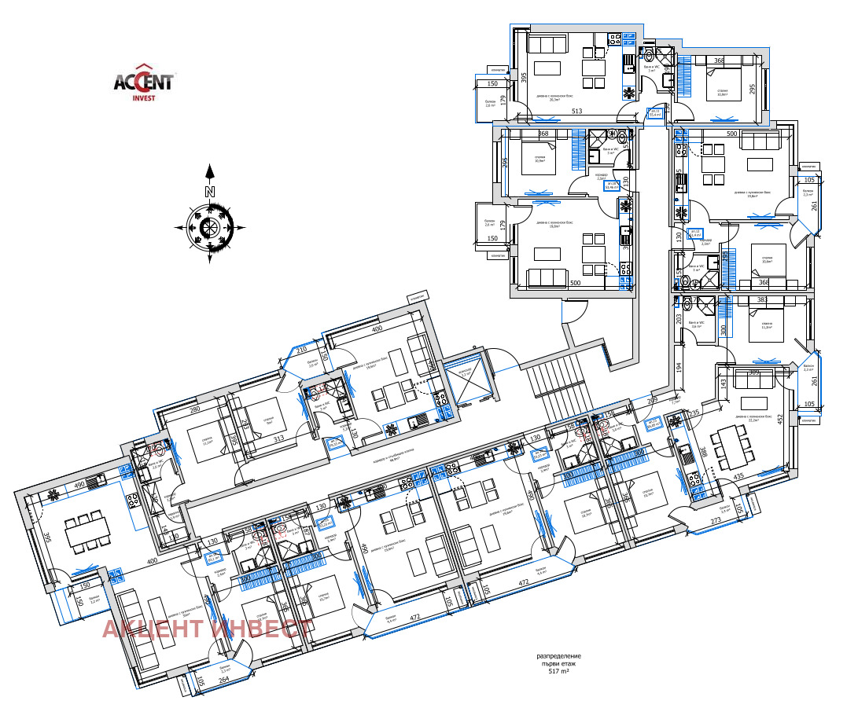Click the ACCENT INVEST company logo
(x=145, y=82)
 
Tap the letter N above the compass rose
(x=209, y=191)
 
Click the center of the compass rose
(x=210, y=228)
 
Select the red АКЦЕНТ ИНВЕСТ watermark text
(x=206, y=629)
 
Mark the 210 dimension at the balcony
(x=300, y=350)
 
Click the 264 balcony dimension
(x=223, y=680)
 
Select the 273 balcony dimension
(x=716, y=521)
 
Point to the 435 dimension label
(x=739, y=476)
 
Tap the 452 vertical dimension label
(x=779, y=421)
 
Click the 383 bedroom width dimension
(x=761, y=300)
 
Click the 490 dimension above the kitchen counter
(x=79, y=486)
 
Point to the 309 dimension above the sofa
(x=755, y=372)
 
